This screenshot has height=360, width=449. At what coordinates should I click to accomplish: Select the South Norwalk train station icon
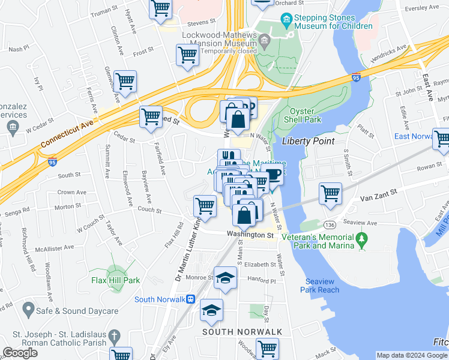coord(190,299)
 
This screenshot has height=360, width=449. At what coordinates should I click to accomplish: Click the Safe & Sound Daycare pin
coord(27,310)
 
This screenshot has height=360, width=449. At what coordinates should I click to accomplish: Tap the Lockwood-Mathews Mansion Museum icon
coord(264,40)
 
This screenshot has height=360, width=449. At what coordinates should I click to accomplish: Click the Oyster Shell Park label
coord(306,115)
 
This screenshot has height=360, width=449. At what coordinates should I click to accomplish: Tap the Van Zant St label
coord(379,196)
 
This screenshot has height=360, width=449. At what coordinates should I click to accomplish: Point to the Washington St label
coord(250,235)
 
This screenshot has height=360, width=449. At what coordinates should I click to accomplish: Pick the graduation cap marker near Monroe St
coord(226,278)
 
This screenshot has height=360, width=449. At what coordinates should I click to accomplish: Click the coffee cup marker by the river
coord(274,175)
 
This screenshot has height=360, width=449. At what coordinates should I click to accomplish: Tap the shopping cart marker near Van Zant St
coord(330,194)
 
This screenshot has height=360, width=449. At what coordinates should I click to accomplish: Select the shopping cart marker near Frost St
coord(188,55)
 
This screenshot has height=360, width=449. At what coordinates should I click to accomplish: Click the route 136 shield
coord(329,224)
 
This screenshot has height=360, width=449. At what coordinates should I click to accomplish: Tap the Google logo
coord(20,353)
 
